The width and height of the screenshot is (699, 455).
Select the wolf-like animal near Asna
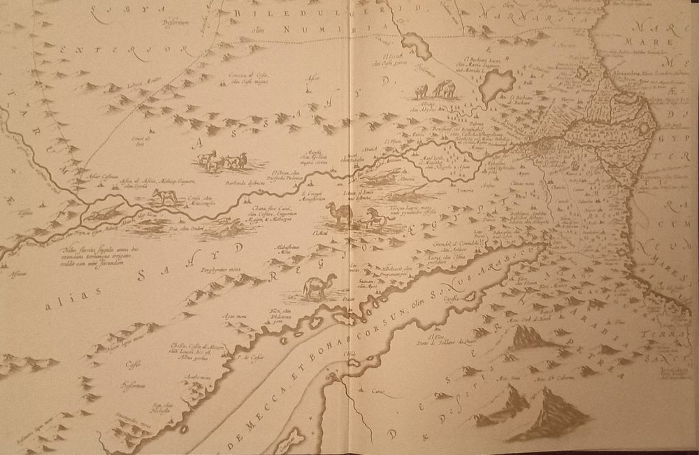(x=164, y=198)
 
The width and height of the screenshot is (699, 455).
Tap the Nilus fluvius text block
(x=91, y=253)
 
